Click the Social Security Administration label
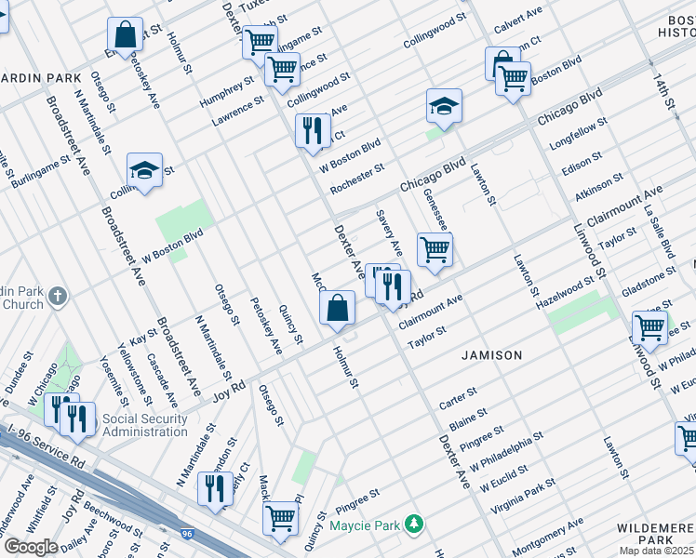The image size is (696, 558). (145, 425)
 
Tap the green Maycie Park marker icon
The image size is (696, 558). (419, 526)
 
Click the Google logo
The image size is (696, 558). (30, 547)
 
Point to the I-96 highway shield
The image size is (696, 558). (188, 534)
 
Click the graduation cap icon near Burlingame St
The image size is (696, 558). (144, 170)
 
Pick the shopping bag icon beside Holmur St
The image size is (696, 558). (338, 307)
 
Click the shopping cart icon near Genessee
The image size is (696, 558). (435, 249)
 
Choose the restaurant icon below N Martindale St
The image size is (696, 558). (215, 487)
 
